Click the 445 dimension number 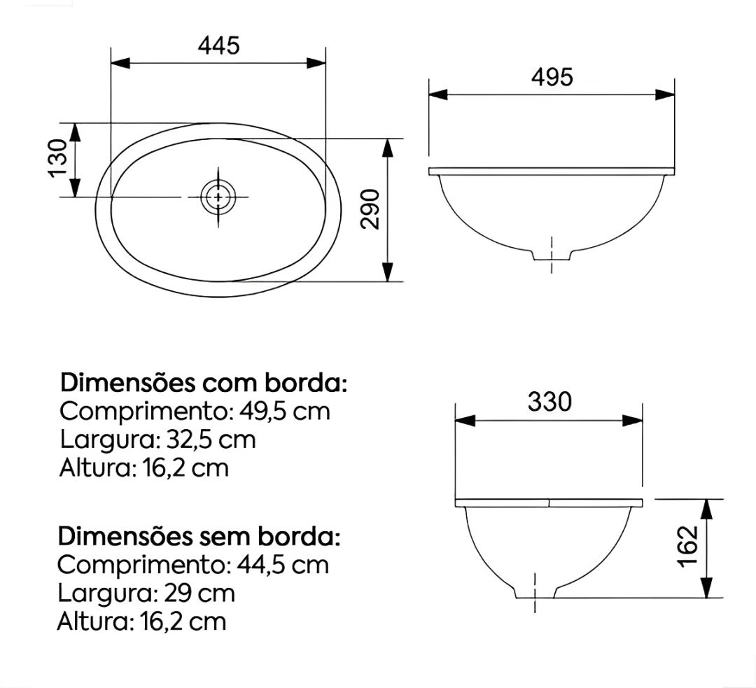pyautogui.click(x=218, y=45)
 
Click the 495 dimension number pyautogui.click(x=552, y=77)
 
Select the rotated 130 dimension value pyautogui.click(x=59, y=158)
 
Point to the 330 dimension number pyautogui.click(x=549, y=402)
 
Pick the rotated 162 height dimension pyautogui.click(x=689, y=547)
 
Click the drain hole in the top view pyautogui.click(x=218, y=197)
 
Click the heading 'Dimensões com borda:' pyautogui.click(x=204, y=384)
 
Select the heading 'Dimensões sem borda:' pyautogui.click(x=199, y=537)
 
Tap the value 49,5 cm pyautogui.click(x=283, y=411)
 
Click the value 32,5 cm pyautogui.click(x=211, y=440)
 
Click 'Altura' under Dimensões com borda pyautogui.click(x=93, y=468)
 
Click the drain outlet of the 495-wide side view pyautogui.click(x=552, y=254)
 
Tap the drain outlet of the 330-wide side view pyautogui.click(x=535, y=591)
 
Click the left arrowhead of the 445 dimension pyautogui.click(x=120, y=63)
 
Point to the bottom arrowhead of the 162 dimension pyautogui.click(x=707, y=587)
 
